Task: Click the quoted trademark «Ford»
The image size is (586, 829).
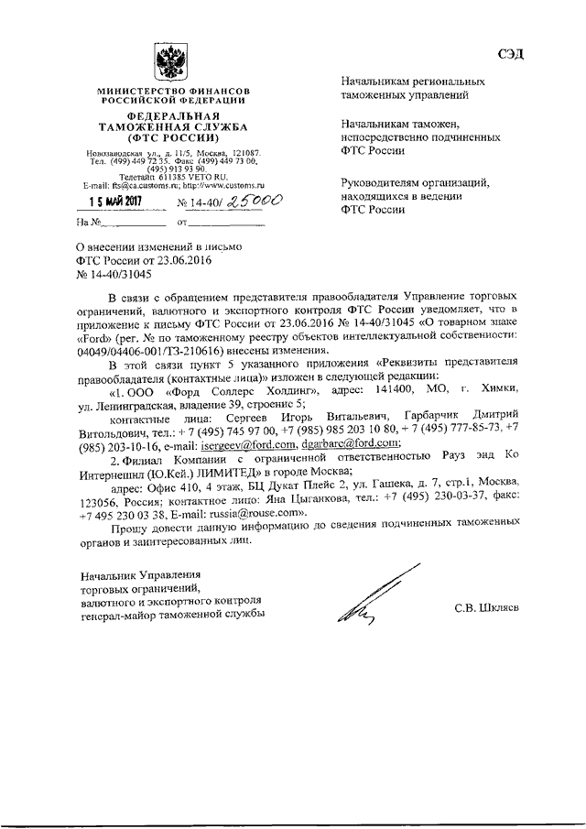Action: (92, 337)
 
